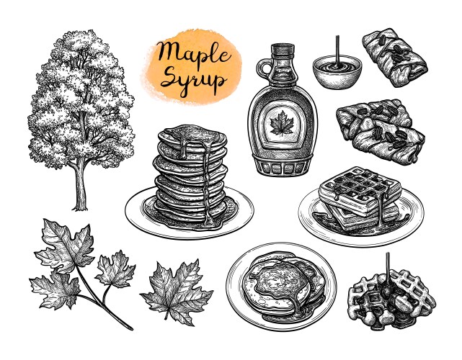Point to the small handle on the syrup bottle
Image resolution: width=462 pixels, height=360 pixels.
point(257,75)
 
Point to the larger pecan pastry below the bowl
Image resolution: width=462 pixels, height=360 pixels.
point(379,130)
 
